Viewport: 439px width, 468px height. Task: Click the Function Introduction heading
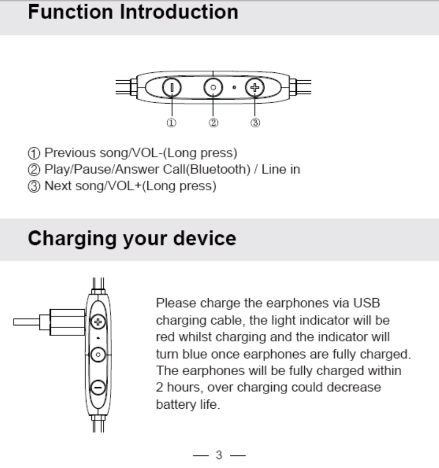point(133,12)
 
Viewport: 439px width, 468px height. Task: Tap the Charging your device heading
point(132,238)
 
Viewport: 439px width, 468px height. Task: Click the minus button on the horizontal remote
point(172,88)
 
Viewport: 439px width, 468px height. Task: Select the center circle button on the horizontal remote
point(213,88)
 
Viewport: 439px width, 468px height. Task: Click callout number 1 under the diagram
point(171,123)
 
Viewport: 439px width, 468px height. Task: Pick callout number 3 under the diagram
point(255,123)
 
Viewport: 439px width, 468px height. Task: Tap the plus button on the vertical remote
point(97,320)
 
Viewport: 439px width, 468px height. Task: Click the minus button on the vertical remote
point(97,388)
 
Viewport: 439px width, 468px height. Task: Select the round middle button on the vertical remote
point(97,355)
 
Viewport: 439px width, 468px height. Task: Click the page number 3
point(220,454)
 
